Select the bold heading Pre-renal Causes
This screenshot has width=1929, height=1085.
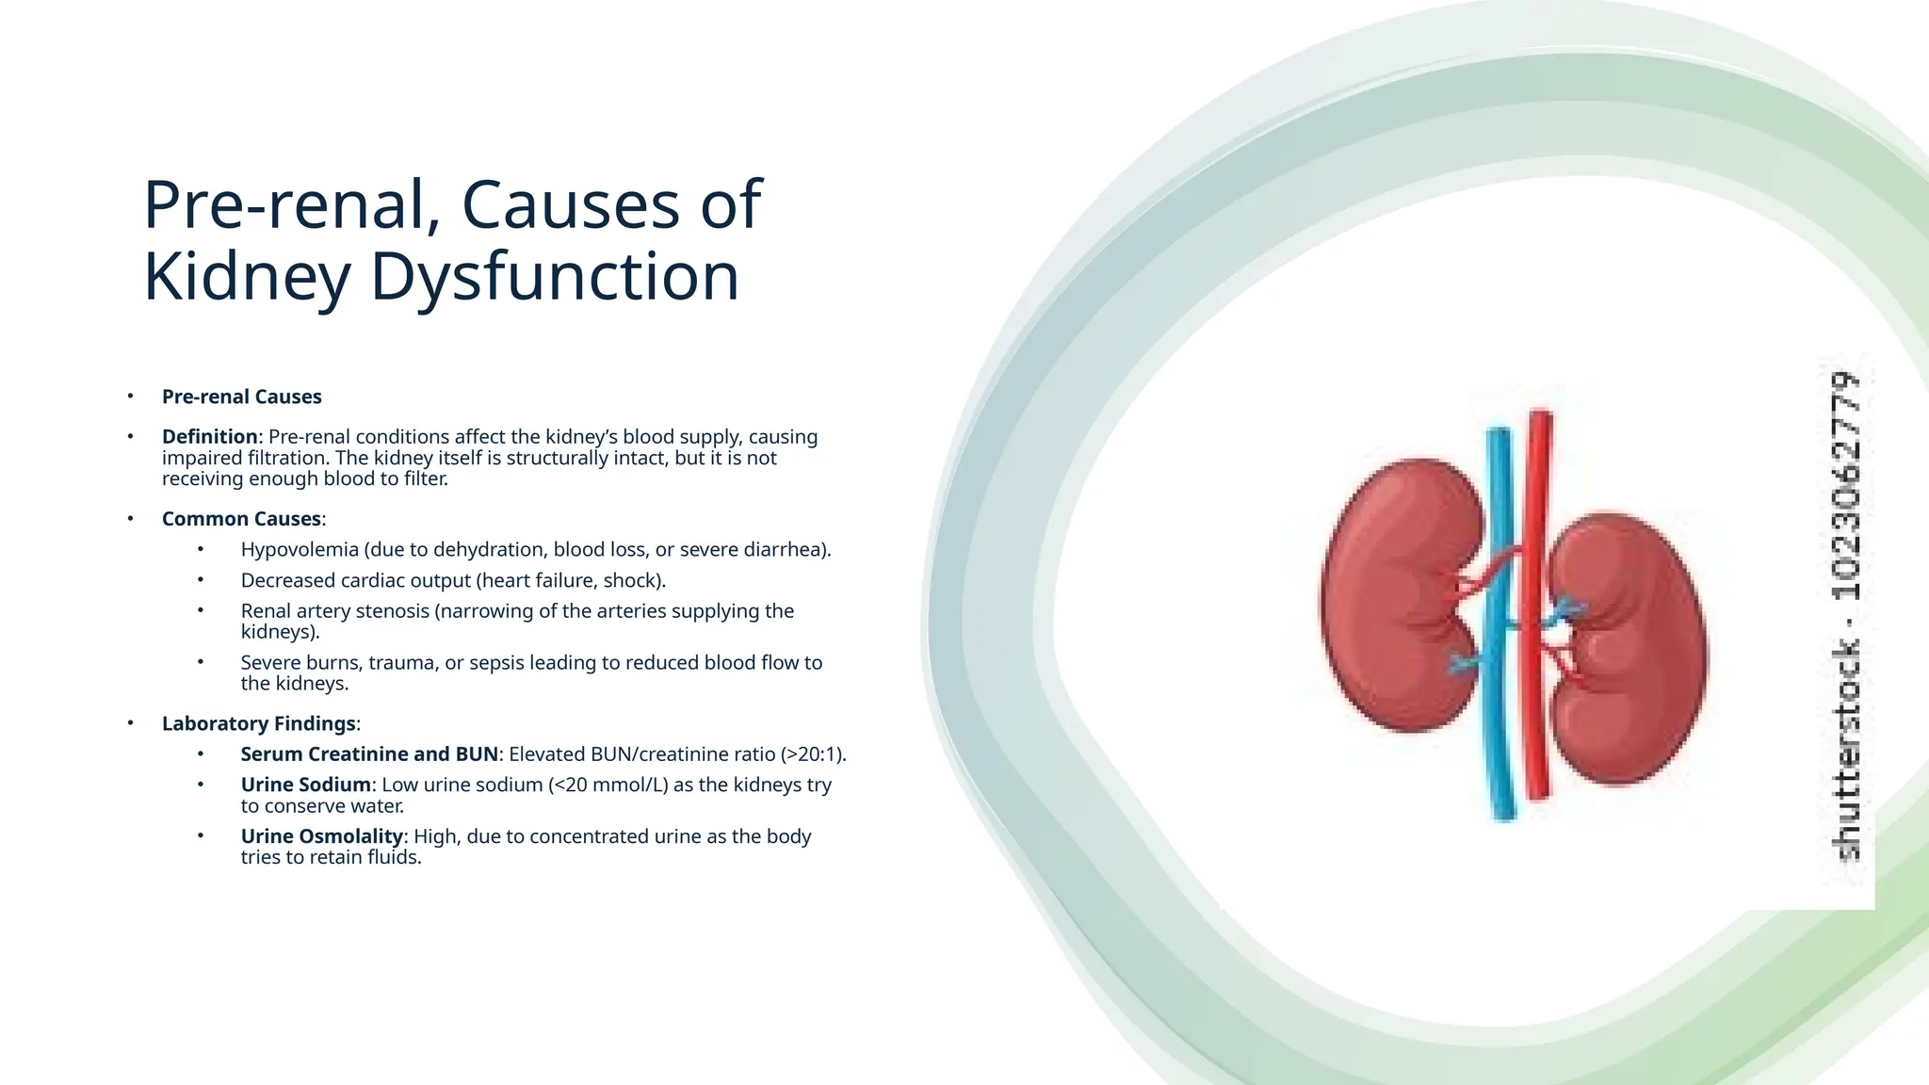pos(241,397)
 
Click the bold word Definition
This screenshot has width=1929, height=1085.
pos(209,437)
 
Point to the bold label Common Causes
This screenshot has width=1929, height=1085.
pos(241,519)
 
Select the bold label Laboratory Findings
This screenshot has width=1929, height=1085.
pos(258,723)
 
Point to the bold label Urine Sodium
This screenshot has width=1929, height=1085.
pos(305,785)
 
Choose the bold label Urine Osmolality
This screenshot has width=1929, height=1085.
pos(321,836)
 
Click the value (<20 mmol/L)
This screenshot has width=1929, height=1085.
pos(608,785)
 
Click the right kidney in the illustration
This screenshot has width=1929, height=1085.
pos(1634,650)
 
